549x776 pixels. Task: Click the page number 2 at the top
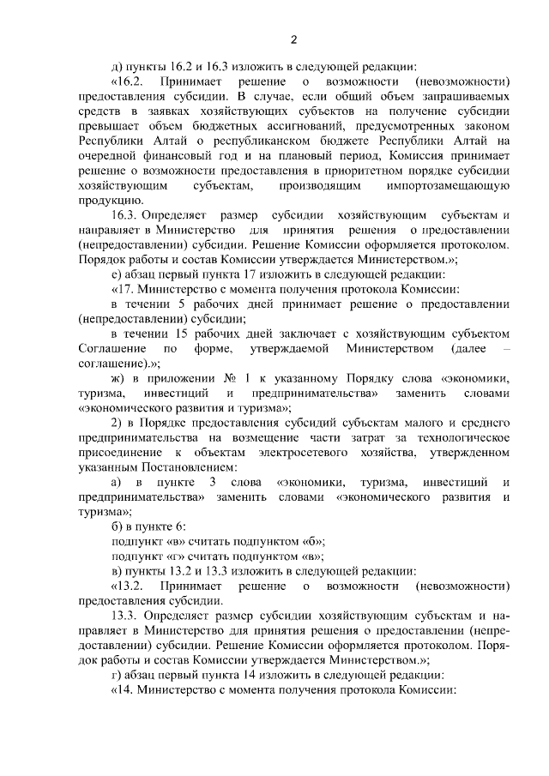click(293, 39)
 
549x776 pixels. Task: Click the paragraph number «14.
click(126, 692)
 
